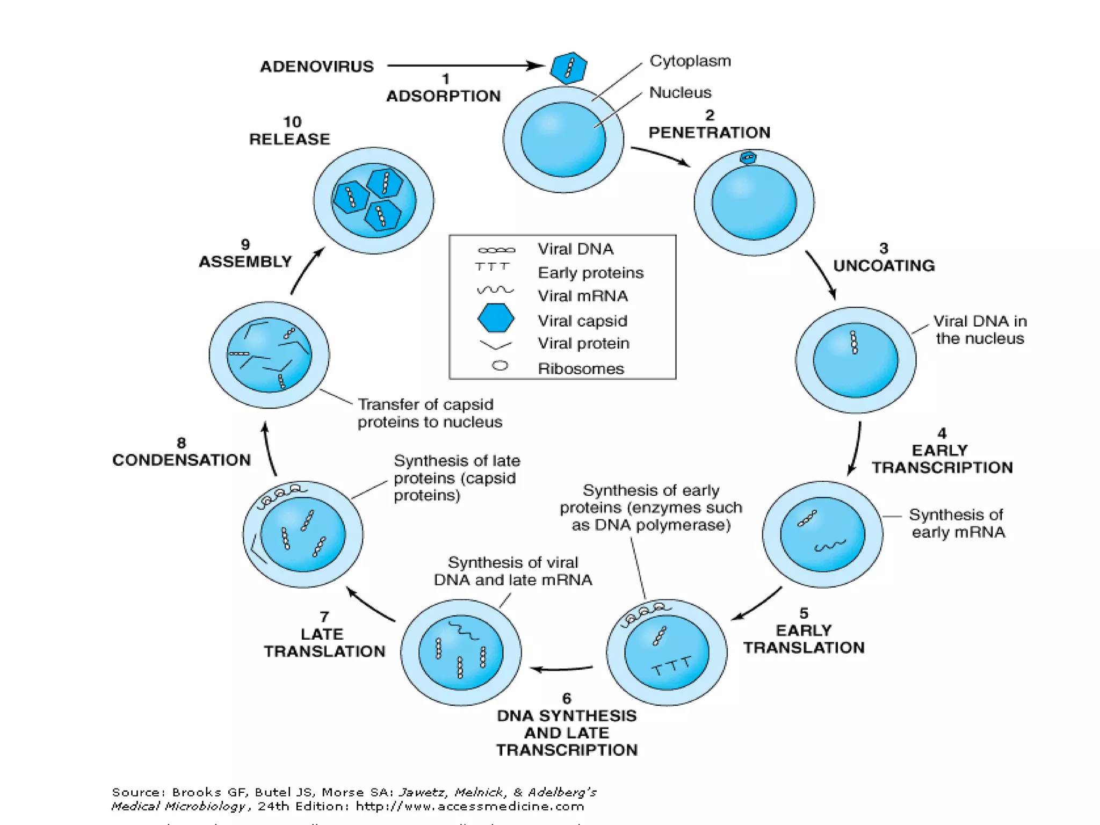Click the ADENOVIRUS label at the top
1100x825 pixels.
tap(317, 67)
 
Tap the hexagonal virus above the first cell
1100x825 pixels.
tap(568, 68)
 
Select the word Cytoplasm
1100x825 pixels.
tap(690, 61)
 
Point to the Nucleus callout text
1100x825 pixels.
tap(680, 92)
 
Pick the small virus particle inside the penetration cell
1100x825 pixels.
tap(748, 157)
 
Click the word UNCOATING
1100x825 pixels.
tap(884, 265)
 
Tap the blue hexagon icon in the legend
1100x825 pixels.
tap(495, 318)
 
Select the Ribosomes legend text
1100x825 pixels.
tap(581, 368)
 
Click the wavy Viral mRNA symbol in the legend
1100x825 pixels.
tap(495, 290)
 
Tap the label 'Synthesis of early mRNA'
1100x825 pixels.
tap(957, 523)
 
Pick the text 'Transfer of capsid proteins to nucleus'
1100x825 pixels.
tap(429, 413)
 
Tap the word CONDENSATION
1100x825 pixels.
tap(182, 460)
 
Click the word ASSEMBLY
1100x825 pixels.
tap(245, 262)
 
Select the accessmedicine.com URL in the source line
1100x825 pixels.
tap(469, 806)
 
